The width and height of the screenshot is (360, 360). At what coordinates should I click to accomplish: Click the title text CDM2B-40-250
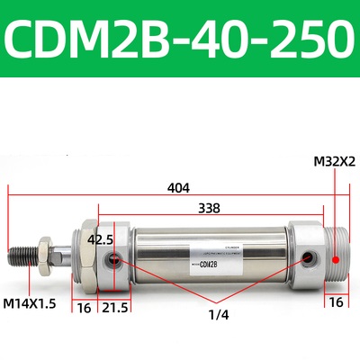180,40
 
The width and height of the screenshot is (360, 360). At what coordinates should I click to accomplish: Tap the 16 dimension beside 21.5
84,308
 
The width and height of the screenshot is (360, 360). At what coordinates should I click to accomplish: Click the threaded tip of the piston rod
21,256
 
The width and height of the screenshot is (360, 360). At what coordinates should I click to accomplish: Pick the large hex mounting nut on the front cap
85,256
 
